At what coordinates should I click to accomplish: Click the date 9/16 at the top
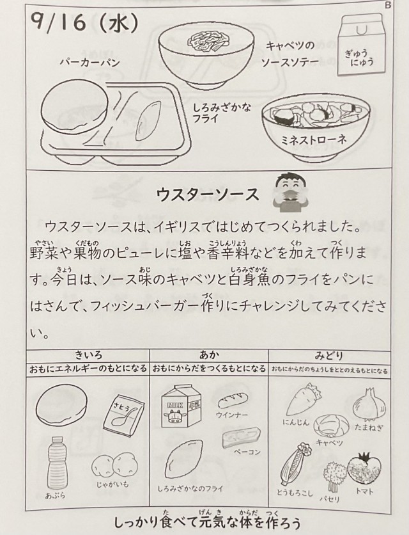[x=58, y=23]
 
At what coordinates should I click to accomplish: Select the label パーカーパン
[x=90, y=63]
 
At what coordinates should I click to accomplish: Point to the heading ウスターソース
[x=207, y=195]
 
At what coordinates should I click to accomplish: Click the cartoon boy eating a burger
[x=290, y=193]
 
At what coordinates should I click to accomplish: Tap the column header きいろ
[x=88, y=355]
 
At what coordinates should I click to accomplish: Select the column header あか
[x=209, y=355]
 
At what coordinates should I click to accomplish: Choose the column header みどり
[x=329, y=356]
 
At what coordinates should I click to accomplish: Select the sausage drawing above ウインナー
[x=233, y=399]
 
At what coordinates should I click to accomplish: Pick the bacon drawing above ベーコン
[x=241, y=438]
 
